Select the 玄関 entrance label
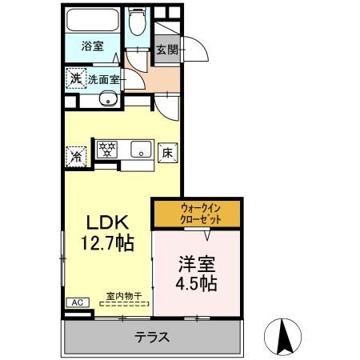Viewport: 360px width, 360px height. point(167,50)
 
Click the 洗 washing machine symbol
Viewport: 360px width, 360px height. point(74,79)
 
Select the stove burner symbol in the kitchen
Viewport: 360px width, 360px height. point(107,149)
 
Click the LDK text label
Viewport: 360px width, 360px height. point(104,222)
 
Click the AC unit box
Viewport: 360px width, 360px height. point(78,302)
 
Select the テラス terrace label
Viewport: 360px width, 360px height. point(151,337)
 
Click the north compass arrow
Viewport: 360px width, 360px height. point(283,335)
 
